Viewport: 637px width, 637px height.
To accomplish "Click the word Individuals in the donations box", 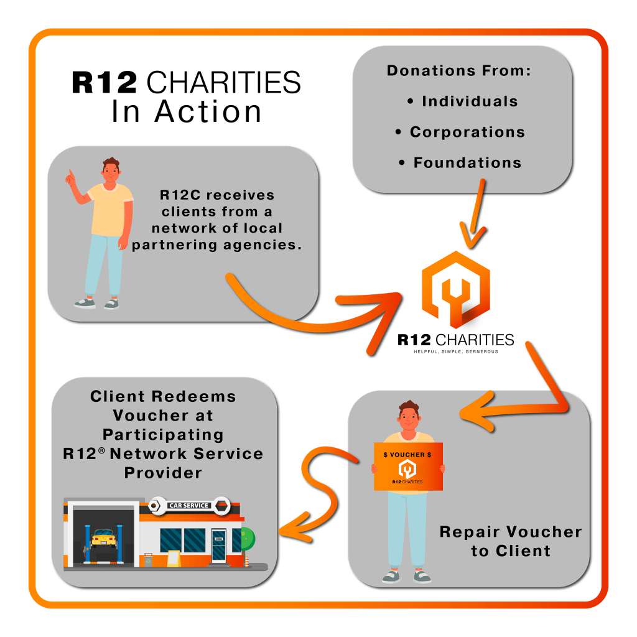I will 470,101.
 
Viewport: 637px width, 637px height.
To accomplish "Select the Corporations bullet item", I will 467,132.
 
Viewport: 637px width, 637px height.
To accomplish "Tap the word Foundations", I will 467,163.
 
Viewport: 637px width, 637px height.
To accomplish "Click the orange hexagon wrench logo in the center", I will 455,289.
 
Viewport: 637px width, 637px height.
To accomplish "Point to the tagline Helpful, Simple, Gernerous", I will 455,352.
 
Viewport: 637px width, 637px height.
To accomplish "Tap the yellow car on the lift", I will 103,536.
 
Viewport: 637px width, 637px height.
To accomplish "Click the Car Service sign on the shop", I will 188,505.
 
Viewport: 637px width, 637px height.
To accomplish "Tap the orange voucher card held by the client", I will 407,467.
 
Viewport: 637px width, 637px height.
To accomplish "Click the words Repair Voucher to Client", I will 510,541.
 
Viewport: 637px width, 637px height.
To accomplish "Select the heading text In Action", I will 187,112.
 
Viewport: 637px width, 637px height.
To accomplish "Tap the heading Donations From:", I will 459,71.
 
